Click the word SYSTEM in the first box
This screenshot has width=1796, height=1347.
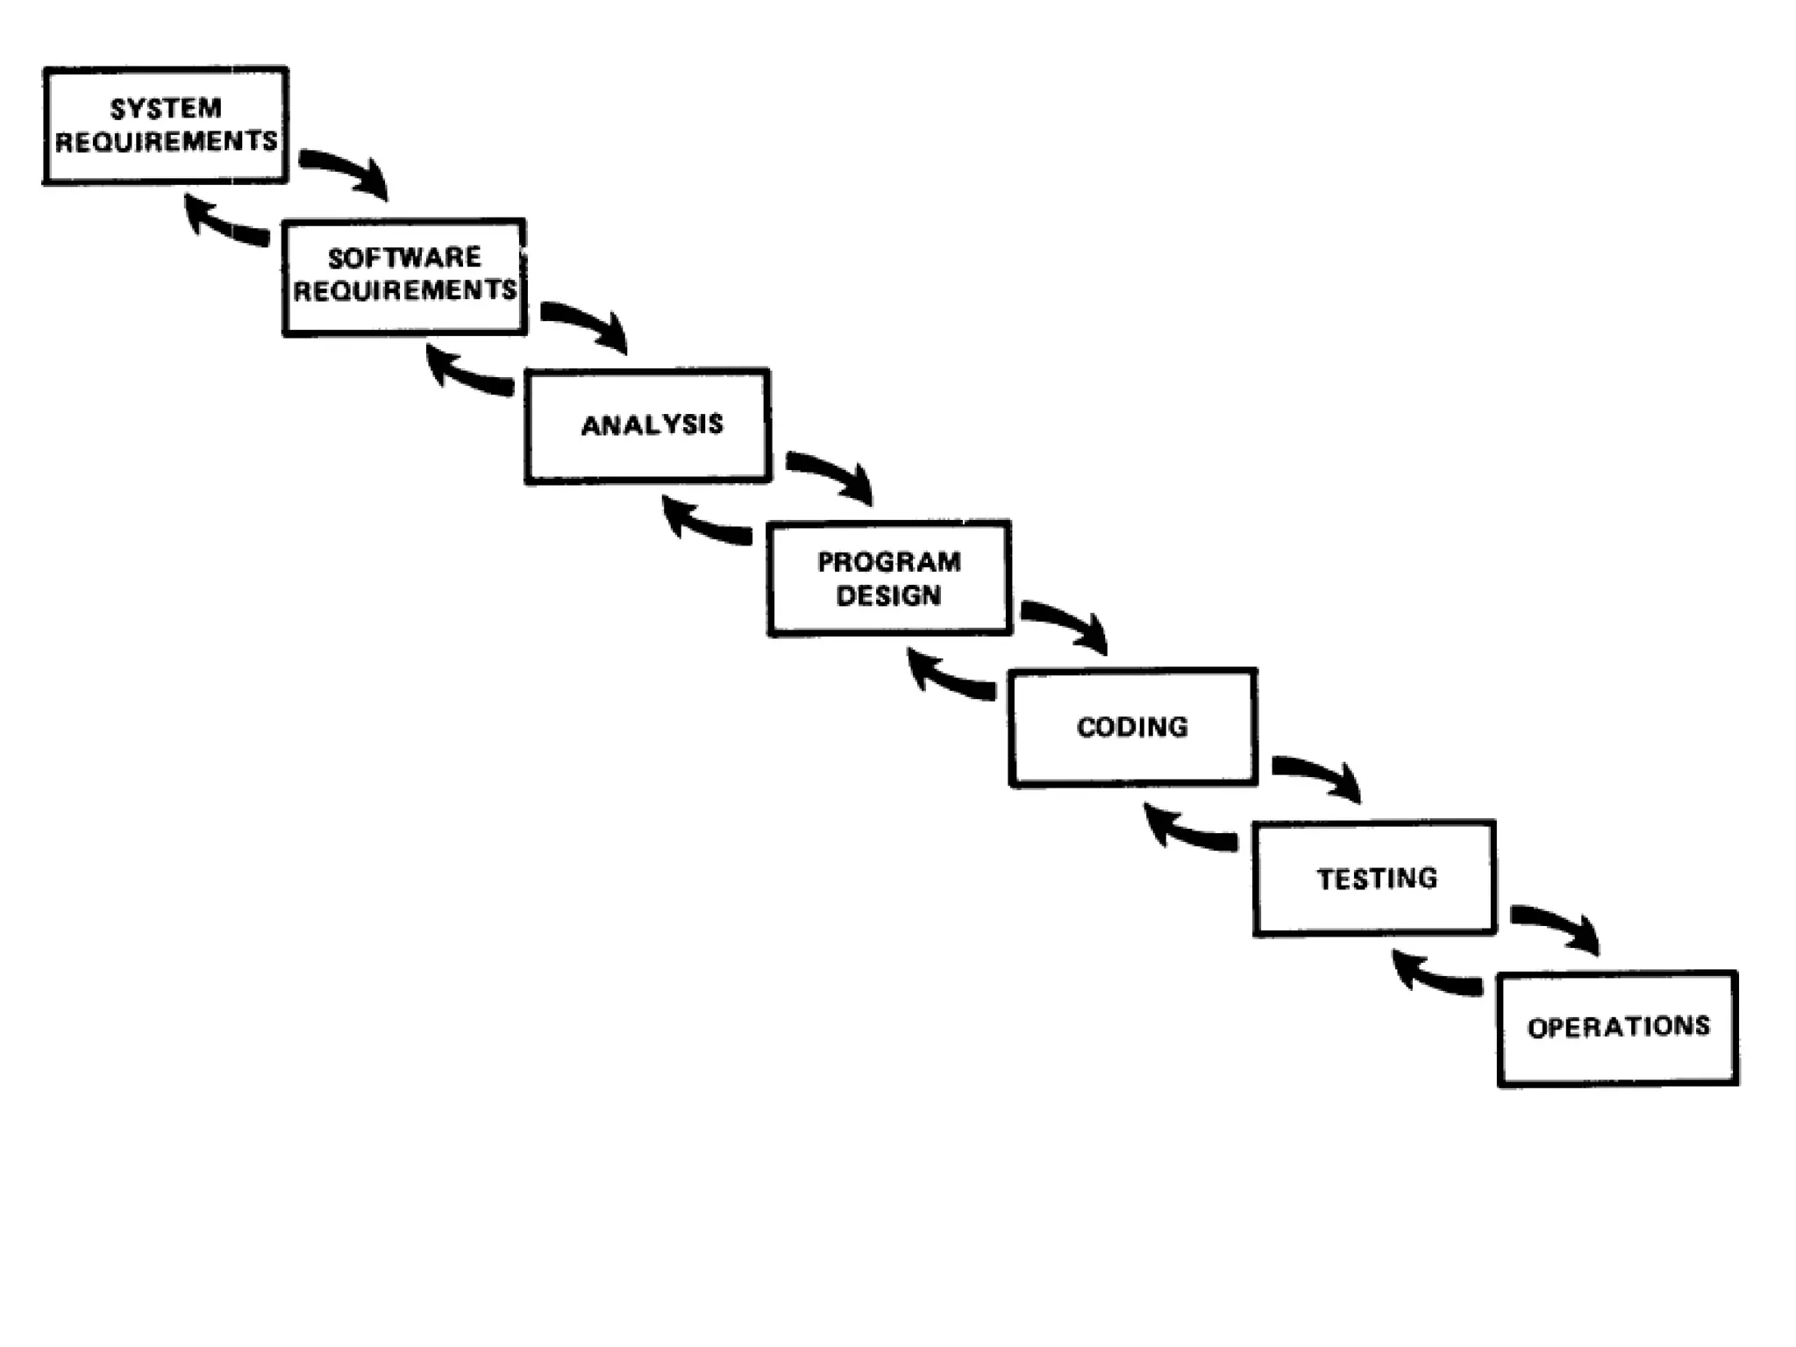click(166, 109)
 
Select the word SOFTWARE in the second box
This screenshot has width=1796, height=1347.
click(404, 258)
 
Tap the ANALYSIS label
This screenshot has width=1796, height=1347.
click(652, 425)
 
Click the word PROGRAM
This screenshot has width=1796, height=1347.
click(888, 562)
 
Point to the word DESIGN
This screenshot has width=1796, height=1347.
click(888, 596)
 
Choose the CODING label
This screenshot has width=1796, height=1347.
click(1132, 727)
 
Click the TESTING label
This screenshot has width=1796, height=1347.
click(1377, 879)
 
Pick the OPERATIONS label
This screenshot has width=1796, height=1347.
click(1618, 1027)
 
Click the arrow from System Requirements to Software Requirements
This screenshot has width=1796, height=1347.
click(346, 170)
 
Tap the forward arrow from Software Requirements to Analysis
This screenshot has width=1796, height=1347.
click(587, 323)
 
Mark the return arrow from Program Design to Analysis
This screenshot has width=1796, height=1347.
click(702, 524)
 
